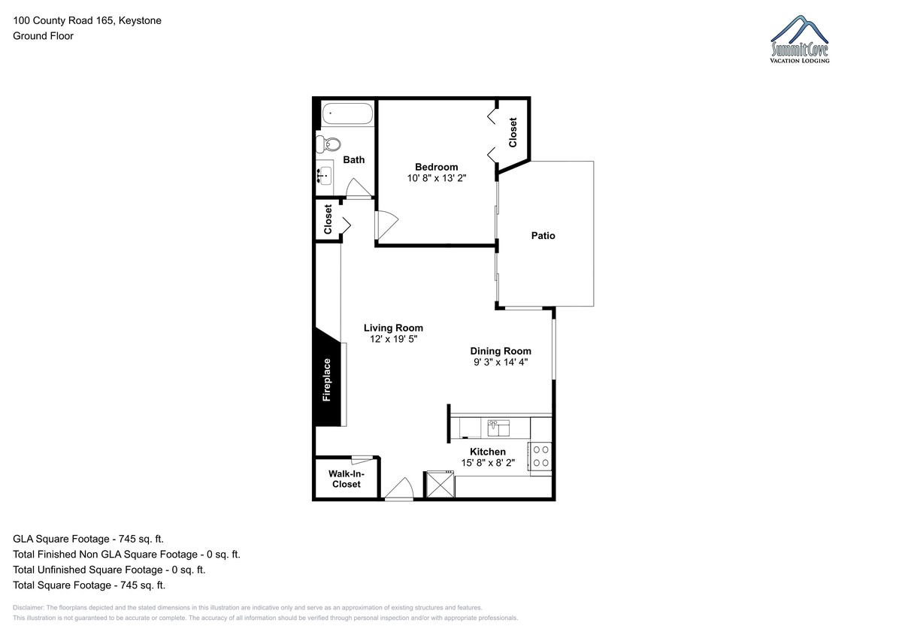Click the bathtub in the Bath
[347, 113]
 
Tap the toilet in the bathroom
[328, 144]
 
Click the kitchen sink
[498, 428]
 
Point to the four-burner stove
[540, 456]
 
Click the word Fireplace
[326, 380]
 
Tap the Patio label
[543, 235]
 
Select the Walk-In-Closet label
[347, 479]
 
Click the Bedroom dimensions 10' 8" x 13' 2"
[437, 178]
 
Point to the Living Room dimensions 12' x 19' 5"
[393, 339]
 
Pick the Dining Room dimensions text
[501, 362]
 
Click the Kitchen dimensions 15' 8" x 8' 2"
[488, 463]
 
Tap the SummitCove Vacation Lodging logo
[800, 39]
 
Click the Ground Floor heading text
[43, 36]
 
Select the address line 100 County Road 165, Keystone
[87, 20]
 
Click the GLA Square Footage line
[88, 539]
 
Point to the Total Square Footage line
[89, 585]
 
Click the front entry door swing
[399, 488]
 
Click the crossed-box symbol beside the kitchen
[440, 484]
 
